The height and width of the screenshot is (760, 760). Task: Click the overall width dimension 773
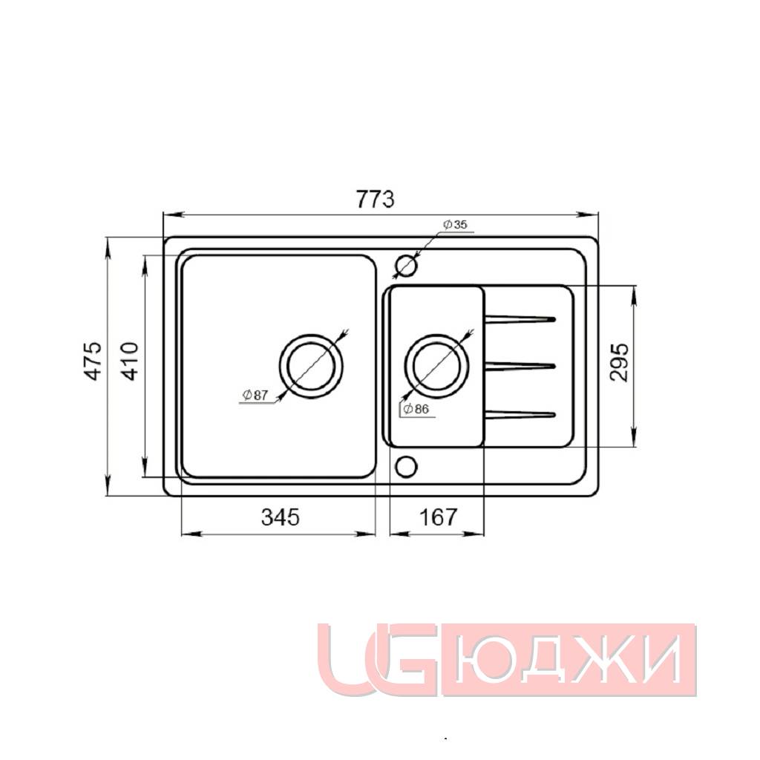(x=375, y=199)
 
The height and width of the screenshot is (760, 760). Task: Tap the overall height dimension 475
(x=93, y=361)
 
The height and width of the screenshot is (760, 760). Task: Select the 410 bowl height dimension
(x=129, y=361)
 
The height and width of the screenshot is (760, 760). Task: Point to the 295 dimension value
(x=619, y=362)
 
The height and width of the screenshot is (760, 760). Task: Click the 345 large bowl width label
(x=281, y=517)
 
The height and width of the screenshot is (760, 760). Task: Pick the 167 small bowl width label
(x=438, y=517)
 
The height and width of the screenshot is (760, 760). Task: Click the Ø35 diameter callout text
(x=455, y=224)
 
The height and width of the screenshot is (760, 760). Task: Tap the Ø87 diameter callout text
(x=255, y=395)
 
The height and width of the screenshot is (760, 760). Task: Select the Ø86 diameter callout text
(x=416, y=409)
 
